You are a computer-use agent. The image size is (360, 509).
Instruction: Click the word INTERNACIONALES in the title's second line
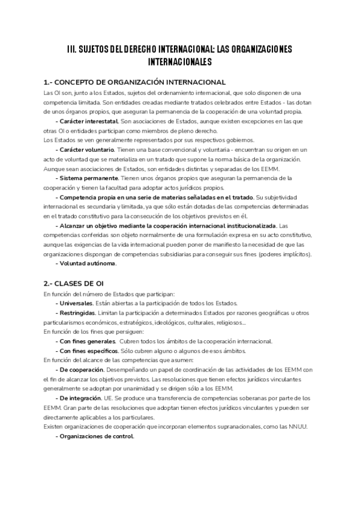(180, 61)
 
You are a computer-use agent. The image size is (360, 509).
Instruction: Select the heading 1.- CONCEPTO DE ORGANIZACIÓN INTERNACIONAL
(135, 82)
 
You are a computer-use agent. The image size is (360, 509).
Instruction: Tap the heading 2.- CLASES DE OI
(74, 283)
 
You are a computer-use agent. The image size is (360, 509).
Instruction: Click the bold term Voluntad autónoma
(86, 263)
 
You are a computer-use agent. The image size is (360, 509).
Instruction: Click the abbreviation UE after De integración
(116, 398)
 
